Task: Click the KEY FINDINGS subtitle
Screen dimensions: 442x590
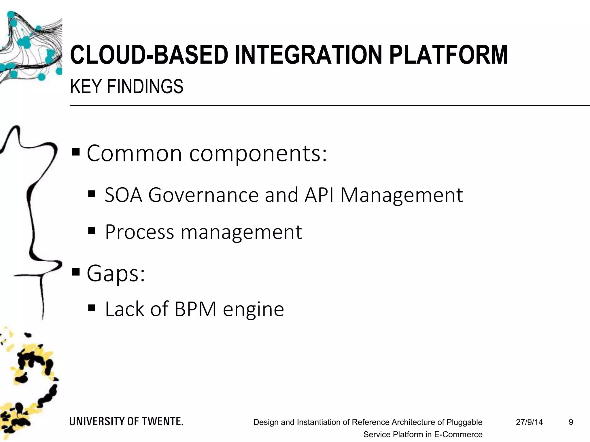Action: click(126, 86)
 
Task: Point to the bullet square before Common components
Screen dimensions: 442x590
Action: click(76, 152)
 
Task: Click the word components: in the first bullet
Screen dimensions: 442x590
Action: click(258, 154)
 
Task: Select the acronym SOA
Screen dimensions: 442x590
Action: click(123, 195)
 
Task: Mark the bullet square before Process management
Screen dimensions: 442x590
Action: click(92, 230)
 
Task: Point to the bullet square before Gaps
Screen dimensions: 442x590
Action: click(76, 271)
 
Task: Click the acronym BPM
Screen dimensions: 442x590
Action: click(195, 309)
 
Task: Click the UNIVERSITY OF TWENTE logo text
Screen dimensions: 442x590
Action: click(126, 421)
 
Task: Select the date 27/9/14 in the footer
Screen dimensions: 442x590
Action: click(529, 422)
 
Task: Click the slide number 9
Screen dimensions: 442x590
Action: click(571, 422)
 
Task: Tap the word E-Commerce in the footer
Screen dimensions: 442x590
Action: click(458, 434)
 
